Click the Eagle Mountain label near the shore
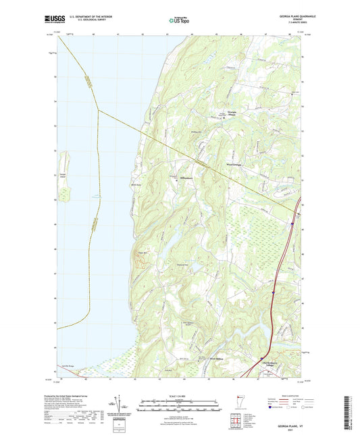pyautogui.click(x=143, y=252)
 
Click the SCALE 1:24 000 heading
pyautogui.click(x=179, y=396)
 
